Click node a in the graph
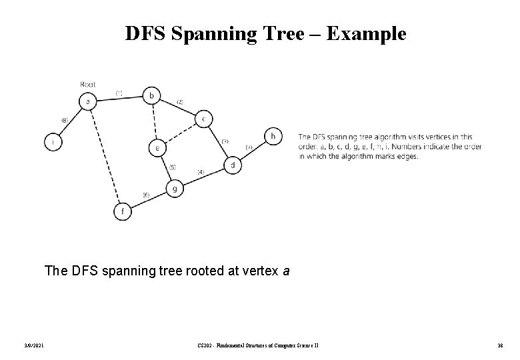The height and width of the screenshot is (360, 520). tap(87, 101)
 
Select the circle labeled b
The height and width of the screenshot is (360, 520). tap(152, 96)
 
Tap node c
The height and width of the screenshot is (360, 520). tap(204, 119)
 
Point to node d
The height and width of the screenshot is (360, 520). tap(232, 165)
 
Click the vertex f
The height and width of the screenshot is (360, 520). tap(122, 212)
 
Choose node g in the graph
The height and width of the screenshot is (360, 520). tap(174, 189)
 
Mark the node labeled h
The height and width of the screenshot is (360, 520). tap(272, 136)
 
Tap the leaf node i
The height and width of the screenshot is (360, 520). tap(53, 141)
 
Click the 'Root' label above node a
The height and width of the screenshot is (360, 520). tap(87, 84)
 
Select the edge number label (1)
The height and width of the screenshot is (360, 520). tap(119, 93)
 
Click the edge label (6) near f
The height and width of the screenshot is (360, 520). tap(146, 195)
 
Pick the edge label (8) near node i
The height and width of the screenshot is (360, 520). tap(65, 120)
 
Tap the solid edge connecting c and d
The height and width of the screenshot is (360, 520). tap(218, 142)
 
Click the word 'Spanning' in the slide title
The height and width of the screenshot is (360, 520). tap(210, 33)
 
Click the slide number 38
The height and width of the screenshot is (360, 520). tap(498, 345)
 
